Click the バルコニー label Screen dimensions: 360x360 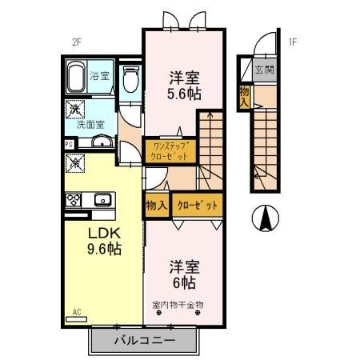(144, 340)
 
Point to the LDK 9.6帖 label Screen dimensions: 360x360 (104, 241)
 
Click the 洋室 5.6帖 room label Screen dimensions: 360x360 (184, 86)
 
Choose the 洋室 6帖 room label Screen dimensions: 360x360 (183, 274)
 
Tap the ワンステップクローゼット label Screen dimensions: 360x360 (169, 150)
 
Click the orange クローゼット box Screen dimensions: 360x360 (197, 206)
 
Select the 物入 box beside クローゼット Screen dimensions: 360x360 (157, 206)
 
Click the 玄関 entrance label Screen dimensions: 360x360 (265, 70)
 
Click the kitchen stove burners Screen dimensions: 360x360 (73, 199)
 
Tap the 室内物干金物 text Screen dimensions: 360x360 (178, 304)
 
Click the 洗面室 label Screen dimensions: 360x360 (90, 124)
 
